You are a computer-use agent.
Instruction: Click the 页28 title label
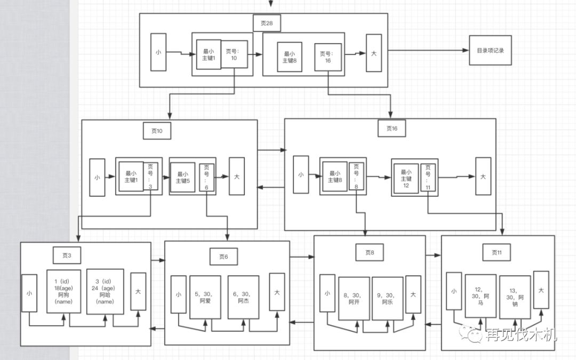tap(266, 23)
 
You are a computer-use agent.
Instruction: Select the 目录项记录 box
tap(490, 51)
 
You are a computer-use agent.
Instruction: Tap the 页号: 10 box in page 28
tap(235, 54)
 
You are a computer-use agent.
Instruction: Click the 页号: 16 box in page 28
tap(327, 57)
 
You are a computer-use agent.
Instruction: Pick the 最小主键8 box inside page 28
tap(290, 57)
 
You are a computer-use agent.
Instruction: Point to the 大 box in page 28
tap(374, 53)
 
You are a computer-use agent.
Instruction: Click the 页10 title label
tap(157, 131)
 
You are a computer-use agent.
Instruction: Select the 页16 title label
tap(391, 129)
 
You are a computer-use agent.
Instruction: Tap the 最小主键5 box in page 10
tap(182, 177)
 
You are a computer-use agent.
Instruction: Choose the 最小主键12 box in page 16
tap(406, 179)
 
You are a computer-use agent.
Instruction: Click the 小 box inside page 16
tap(301, 174)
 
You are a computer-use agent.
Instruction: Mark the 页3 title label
tap(67, 255)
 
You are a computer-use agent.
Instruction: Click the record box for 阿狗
tap(63, 291)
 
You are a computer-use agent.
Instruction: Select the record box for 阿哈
tap(105, 291)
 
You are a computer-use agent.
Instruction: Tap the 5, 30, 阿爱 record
tap(205, 297)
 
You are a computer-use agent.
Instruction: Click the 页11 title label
tap(497, 252)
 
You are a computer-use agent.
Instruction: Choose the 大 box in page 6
tap(277, 292)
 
